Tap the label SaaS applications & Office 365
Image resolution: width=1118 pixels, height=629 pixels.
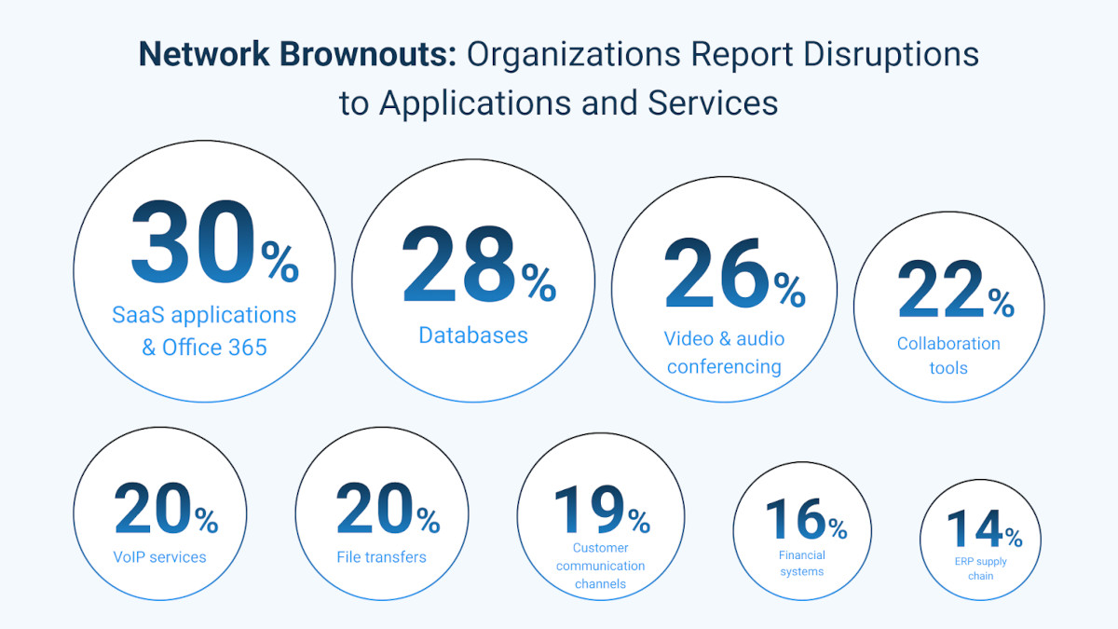click(x=204, y=331)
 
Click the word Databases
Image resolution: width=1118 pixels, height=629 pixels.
click(x=473, y=335)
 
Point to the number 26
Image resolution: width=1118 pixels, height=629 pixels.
click(x=716, y=274)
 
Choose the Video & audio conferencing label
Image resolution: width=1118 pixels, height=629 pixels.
click(x=724, y=352)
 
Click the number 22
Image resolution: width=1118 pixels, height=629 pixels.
click(x=940, y=290)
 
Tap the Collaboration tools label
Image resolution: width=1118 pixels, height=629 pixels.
click(x=948, y=355)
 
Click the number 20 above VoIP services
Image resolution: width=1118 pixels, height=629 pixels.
click(x=153, y=510)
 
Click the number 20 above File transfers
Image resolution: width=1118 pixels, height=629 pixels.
click(x=375, y=510)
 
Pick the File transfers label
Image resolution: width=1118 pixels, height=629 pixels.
click(x=381, y=557)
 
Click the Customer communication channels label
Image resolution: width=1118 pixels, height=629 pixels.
click(x=601, y=566)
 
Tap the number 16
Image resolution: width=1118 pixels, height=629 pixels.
click(x=795, y=520)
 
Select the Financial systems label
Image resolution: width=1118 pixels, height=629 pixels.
click(x=802, y=563)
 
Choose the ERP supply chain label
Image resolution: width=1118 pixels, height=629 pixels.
click(x=980, y=568)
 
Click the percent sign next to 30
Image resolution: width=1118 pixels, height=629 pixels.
click(x=279, y=262)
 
